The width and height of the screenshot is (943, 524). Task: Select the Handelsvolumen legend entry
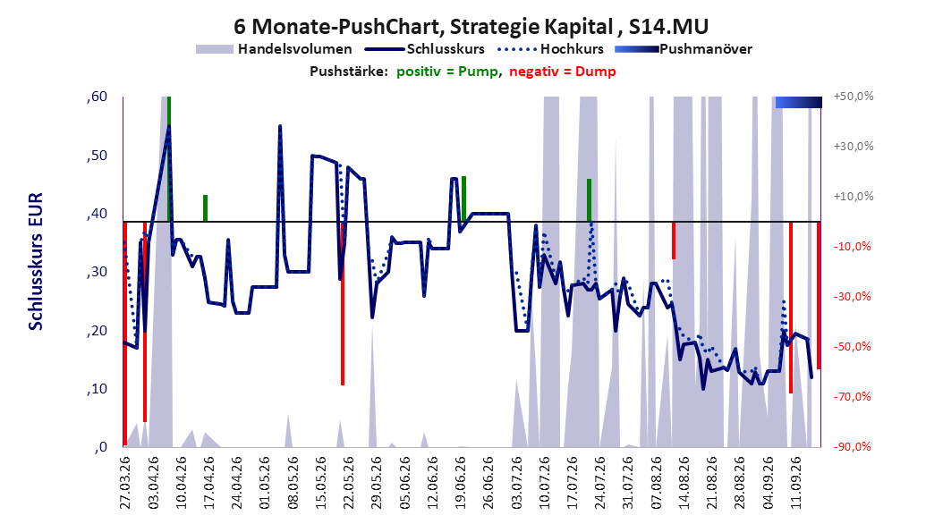pos(275,49)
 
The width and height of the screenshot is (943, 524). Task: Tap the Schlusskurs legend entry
pos(425,49)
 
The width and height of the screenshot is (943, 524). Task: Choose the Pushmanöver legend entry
pos(684,49)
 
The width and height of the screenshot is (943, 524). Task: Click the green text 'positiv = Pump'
pos(446,72)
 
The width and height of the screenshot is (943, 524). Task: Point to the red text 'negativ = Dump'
pos(563,72)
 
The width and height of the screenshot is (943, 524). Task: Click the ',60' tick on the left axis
pos(97,97)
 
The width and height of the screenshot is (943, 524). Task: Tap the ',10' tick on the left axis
pos(97,389)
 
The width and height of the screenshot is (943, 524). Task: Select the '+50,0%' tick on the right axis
pos(854,97)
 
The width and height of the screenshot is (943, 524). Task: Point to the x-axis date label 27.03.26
pos(125,483)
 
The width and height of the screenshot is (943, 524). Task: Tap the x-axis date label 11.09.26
pos(794,483)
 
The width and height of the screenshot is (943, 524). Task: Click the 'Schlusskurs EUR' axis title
pos(36,261)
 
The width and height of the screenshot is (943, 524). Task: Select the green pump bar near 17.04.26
pos(205,208)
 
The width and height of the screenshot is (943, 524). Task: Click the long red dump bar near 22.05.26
pos(342,303)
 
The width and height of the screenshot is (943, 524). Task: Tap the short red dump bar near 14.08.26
pos(674,241)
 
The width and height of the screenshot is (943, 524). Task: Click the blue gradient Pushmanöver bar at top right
pos(799,102)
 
